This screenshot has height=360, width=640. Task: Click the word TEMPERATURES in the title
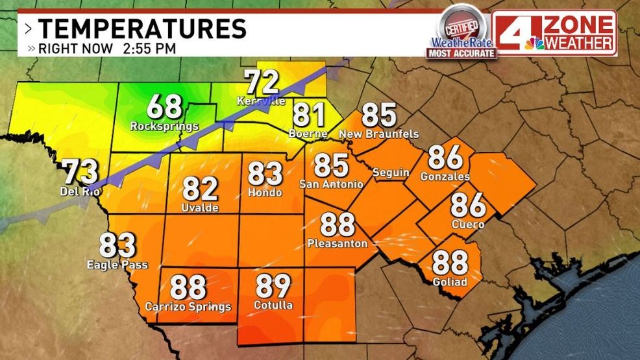click(142, 29)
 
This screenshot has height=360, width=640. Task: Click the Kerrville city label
click(261, 101)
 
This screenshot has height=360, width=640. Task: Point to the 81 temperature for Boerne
click(309, 115)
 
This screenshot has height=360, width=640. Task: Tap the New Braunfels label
click(378, 134)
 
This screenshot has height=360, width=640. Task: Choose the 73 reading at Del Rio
click(80, 172)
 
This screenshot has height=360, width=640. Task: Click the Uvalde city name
click(200, 208)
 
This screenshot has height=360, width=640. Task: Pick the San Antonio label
click(331, 184)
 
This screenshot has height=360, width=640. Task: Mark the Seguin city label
click(391, 172)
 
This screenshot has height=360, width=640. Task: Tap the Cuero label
click(467, 224)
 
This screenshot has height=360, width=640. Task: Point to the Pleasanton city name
click(338, 244)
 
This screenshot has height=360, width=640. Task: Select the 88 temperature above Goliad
click(450, 263)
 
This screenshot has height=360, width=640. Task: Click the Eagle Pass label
click(117, 265)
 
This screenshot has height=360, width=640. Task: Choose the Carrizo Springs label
click(188, 306)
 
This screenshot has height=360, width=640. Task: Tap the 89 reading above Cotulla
click(273, 285)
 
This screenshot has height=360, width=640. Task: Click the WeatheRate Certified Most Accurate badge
click(462, 34)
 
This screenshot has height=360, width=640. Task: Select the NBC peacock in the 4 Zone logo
click(535, 43)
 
